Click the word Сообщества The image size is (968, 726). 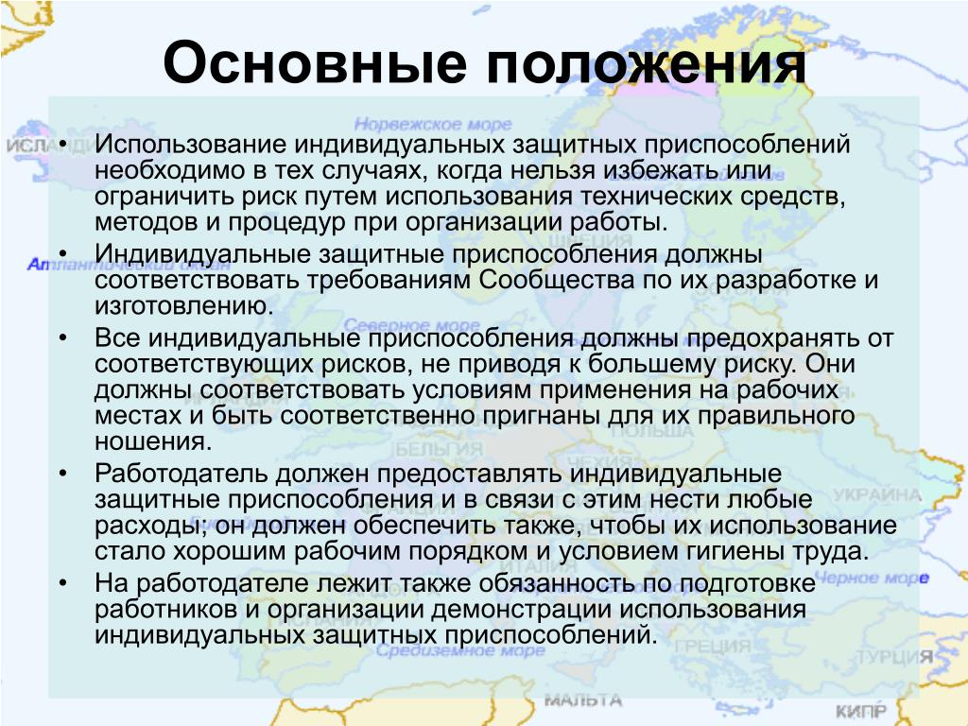[x=557, y=281]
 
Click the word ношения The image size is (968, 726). [x=153, y=442]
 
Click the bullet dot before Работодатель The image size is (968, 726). [x=63, y=475]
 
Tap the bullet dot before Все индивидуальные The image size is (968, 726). [x=63, y=339]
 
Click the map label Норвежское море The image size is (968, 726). [x=433, y=124]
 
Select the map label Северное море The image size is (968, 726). [x=412, y=324]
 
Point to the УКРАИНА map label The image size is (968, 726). [x=876, y=495]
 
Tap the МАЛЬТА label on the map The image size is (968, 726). [x=583, y=700]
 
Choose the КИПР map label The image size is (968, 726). [x=860, y=711]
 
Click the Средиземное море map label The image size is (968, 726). [x=460, y=650]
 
